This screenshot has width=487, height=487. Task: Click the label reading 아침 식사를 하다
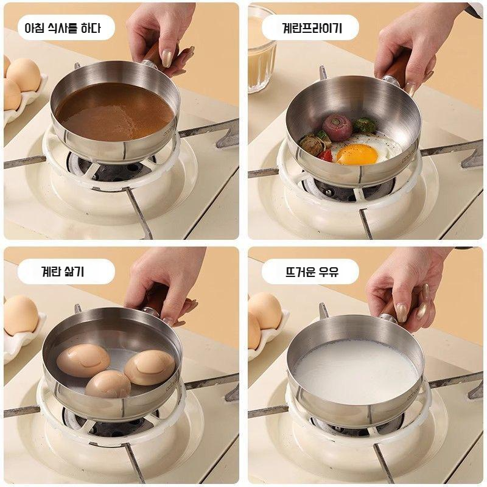point(63,28)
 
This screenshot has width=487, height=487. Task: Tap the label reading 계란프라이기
point(312,28)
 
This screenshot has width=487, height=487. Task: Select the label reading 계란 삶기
point(63,272)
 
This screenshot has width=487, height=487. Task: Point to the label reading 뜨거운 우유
point(312,272)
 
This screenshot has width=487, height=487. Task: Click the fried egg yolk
point(357,154)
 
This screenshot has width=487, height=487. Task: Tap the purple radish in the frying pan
point(337,127)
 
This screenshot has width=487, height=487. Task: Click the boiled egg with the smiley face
point(83,360)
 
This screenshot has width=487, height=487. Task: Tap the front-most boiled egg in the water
point(108,384)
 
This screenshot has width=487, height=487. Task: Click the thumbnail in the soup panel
point(167,58)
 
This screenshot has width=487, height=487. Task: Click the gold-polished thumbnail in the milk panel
point(402,312)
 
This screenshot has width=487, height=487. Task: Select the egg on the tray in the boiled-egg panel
point(21,315)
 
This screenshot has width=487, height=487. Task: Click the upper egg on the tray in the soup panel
point(24,74)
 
